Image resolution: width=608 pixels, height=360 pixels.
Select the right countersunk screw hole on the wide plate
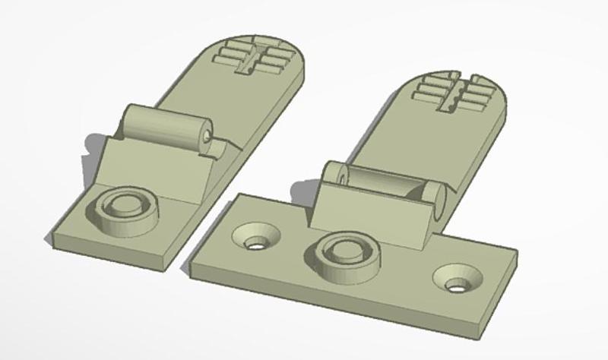[459, 280]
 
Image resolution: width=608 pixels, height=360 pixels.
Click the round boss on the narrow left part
[125, 208]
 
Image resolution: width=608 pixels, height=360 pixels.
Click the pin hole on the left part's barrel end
[208, 137]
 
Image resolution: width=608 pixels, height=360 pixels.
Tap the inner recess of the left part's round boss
[125, 205]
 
